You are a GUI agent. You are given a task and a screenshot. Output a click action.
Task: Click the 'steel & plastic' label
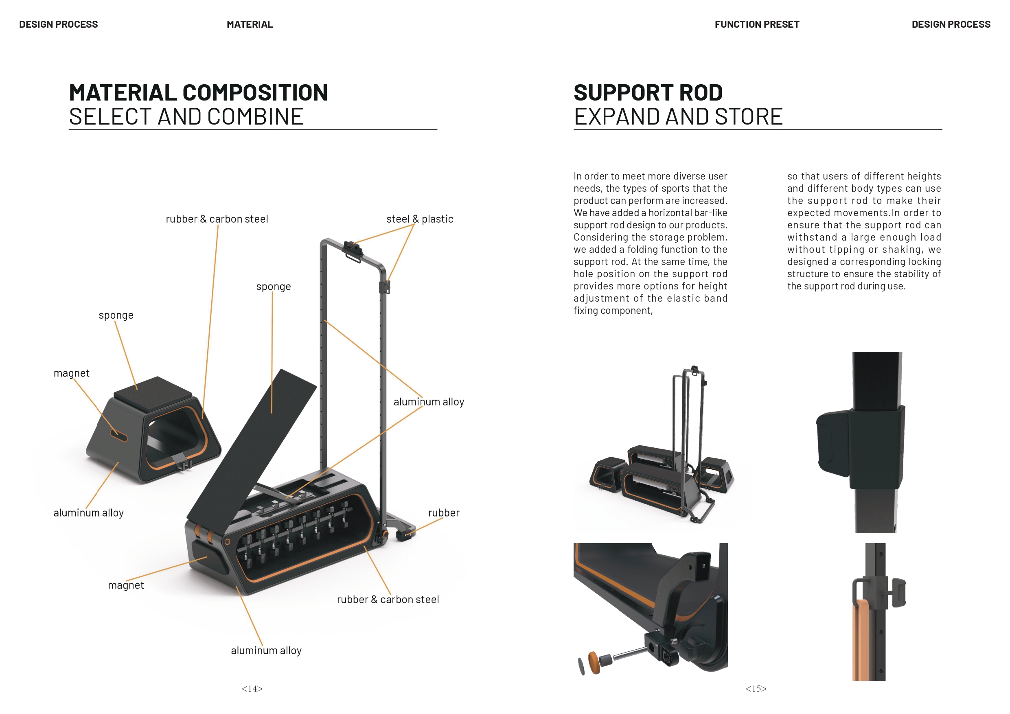tap(419, 219)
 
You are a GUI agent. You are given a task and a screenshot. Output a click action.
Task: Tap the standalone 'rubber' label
tap(443, 513)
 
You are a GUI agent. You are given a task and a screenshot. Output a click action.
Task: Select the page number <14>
tap(252, 689)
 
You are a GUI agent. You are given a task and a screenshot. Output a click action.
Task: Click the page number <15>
tap(756, 689)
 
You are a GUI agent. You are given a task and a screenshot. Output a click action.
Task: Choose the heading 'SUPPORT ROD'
tap(648, 93)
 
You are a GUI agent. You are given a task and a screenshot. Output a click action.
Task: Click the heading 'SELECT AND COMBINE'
tap(186, 117)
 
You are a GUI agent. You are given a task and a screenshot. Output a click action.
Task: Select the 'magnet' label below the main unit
tap(126, 585)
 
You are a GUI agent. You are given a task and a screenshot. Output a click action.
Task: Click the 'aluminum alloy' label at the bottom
tap(266, 650)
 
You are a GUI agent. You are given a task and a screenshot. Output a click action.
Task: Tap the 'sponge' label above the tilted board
tap(273, 287)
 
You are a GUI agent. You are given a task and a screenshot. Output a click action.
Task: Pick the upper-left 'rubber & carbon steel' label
tap(217, 219)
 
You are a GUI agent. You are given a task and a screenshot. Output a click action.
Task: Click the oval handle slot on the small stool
tap(118, 436)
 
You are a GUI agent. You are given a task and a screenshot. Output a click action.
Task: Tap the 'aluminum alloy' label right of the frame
tap(428, 402)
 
